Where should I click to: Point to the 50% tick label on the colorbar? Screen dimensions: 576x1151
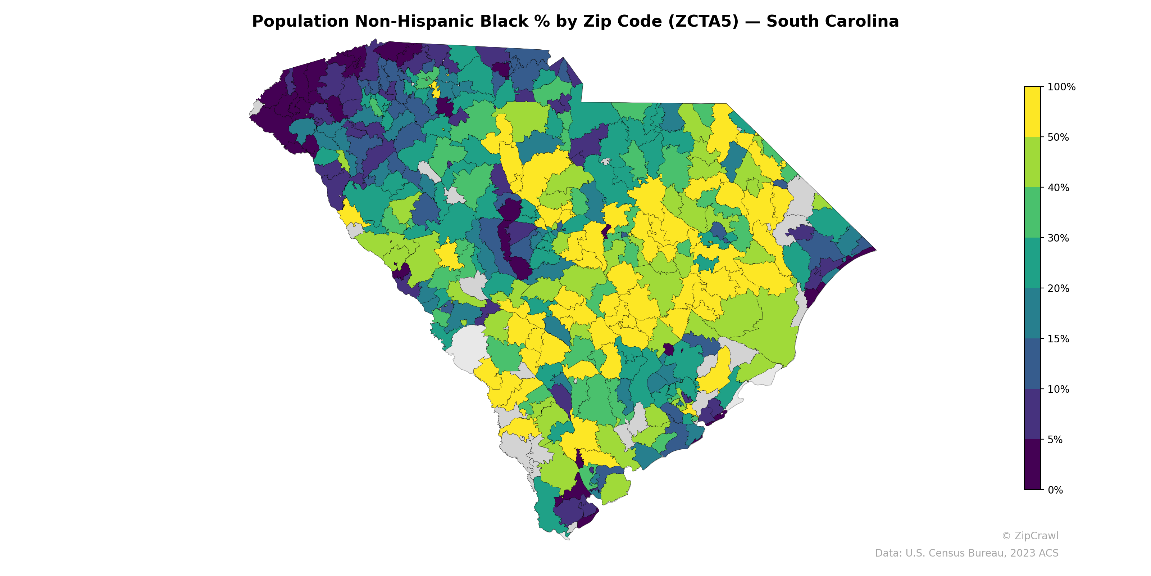(1058, 137)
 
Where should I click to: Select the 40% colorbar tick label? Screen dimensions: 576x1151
(1058, 188)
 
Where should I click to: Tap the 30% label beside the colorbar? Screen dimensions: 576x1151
(1058, 238)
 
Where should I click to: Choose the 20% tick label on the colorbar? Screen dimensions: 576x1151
(1058, 288)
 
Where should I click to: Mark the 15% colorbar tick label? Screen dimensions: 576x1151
(1058, 339)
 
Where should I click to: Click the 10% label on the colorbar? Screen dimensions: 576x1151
(1058, 389)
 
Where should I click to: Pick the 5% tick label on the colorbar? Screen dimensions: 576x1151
(1055, 440)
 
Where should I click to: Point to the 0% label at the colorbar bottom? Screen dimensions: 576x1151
(1055, 490)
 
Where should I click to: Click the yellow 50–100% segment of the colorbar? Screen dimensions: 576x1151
(1032, 112)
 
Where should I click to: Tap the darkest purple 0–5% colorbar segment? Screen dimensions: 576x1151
(1032, 465)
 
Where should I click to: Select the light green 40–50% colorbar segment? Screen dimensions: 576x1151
(1032, 162)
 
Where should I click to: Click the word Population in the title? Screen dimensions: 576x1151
(300, 22)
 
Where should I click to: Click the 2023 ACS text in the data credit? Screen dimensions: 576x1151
(1034, 553)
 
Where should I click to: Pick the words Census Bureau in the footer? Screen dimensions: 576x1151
(966, 553)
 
